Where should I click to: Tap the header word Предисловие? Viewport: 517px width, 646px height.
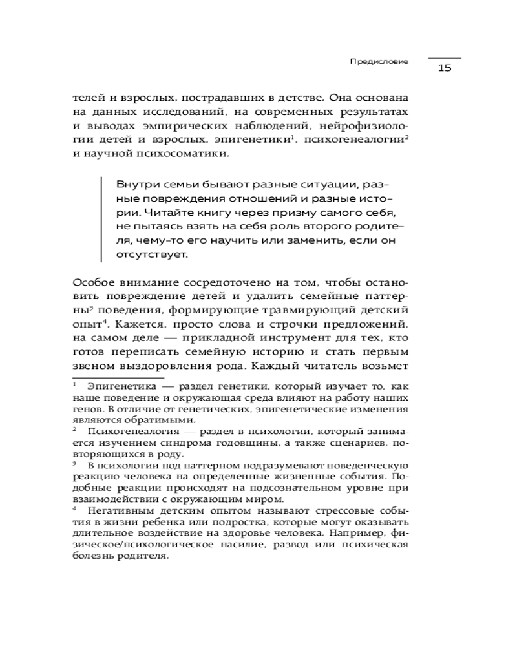coord(379,62)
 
